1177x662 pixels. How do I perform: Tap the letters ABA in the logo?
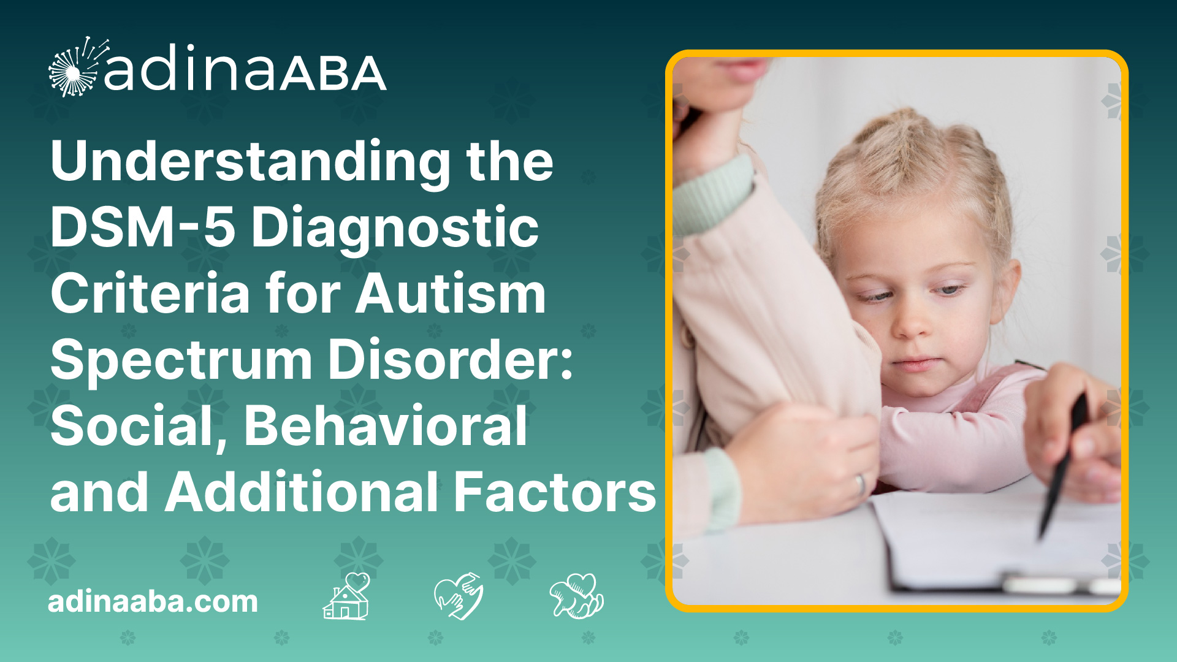point(334,74)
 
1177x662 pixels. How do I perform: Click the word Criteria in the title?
point(150,294)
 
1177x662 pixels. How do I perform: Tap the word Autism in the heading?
point(451,294)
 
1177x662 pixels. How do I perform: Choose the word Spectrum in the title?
point(181,362)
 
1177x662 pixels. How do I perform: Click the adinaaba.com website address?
point(153,601)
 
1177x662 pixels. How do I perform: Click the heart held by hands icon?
point(458,596)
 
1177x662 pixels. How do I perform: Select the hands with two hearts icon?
point(577,596)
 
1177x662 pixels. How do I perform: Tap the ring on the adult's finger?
point(861,484)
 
